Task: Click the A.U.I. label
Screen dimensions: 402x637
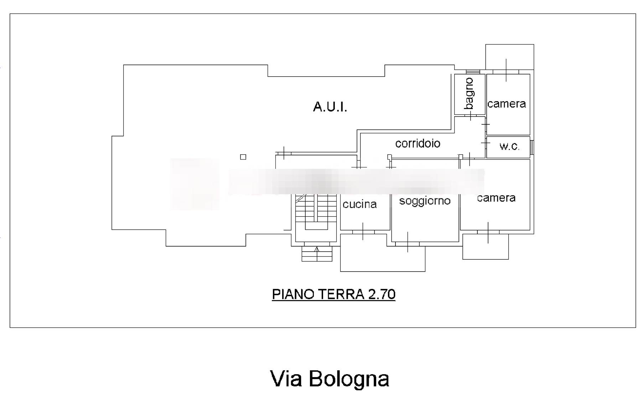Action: click(x=330, y=107)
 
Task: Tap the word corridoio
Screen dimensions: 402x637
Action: click(x=418, y=144)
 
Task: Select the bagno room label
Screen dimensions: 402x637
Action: click(x=470, y=94)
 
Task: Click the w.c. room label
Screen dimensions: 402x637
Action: click(x=509, y=146)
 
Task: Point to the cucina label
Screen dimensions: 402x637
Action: click(x=359, y=204)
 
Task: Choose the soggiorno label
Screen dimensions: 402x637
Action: click(x=425, y=201)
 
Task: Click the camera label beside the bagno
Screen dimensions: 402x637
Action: click(x=506, y=104)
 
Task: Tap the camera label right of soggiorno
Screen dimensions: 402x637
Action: click(x=496, y=198)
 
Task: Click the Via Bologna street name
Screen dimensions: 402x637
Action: click(x=330, y=378)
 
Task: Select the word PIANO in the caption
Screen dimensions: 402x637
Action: click(x=293, y=294)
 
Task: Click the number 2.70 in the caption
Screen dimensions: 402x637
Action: click(x=382, y=294)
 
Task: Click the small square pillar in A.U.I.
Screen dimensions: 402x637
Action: click(x=243, y=157)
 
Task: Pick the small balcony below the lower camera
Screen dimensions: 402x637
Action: click(x=485, y=247)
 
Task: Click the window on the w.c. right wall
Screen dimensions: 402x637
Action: click(x=532, y=147)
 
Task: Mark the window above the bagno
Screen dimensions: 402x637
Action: click(x=473, y=72)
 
